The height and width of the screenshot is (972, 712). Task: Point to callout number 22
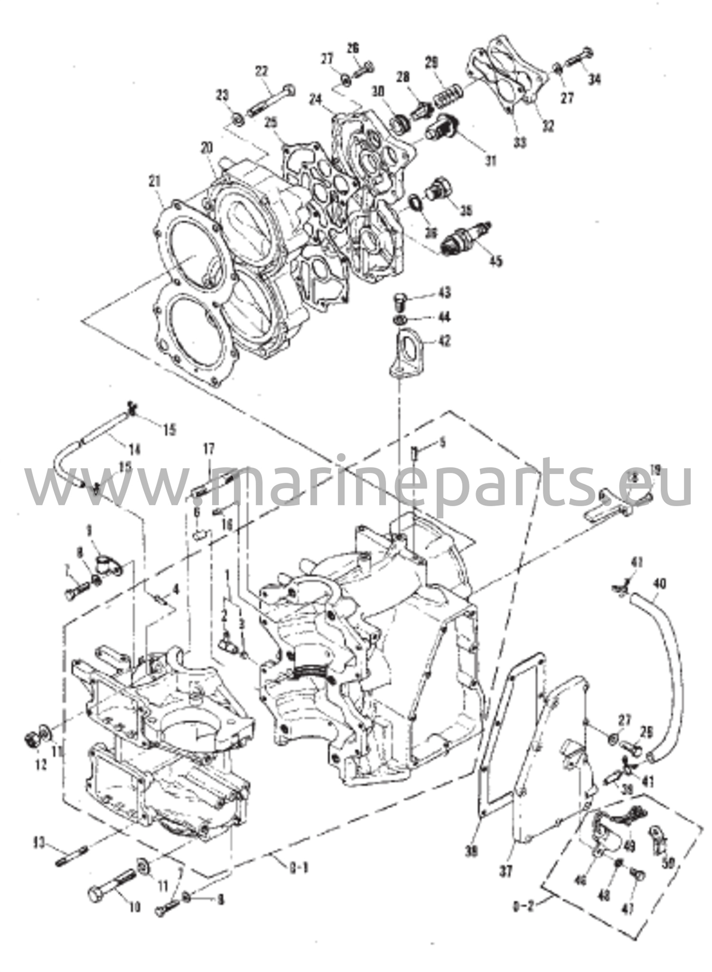point(261,71)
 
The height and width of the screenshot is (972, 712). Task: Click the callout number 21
point(155,181)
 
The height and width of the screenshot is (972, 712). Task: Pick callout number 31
point(490,161)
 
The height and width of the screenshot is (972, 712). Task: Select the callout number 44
point(445,317)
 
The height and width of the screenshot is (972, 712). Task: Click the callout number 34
point(593,79)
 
